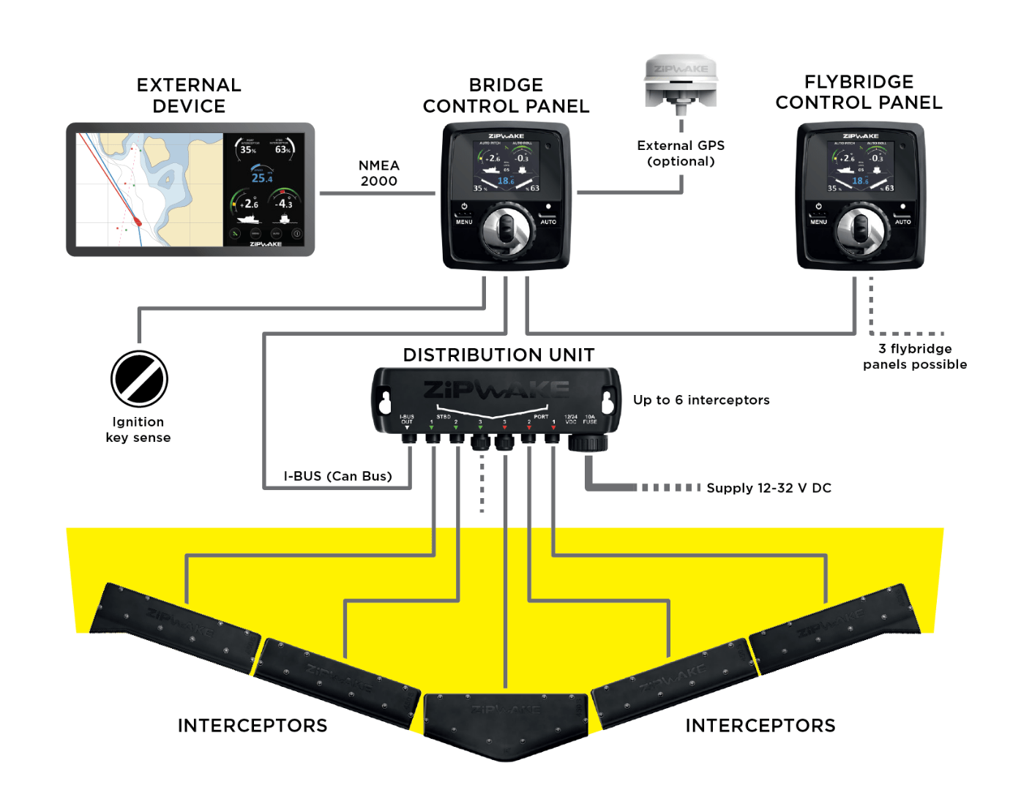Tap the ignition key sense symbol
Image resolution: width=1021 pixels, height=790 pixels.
(x=139, y=379)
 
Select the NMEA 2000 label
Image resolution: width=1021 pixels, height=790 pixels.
(x=378, y=173)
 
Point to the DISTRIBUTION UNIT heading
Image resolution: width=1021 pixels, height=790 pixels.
(x=498, y=355)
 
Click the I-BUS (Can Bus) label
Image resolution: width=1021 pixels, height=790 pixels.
(x=337, y=476)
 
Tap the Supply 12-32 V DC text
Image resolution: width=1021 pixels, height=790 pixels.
(x=768, y=488)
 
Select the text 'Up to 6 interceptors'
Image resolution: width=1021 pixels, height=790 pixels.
(x=701, y=400)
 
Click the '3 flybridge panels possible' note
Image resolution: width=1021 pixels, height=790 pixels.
(x=915, y=356)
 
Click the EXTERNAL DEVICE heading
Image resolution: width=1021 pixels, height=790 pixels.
(x=189, y=95)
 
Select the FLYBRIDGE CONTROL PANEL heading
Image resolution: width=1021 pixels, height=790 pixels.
(x=859, y=92)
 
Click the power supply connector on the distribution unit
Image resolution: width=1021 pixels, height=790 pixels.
(x=588, y=441)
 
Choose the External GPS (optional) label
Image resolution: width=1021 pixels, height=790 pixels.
(x=681, y=154)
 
